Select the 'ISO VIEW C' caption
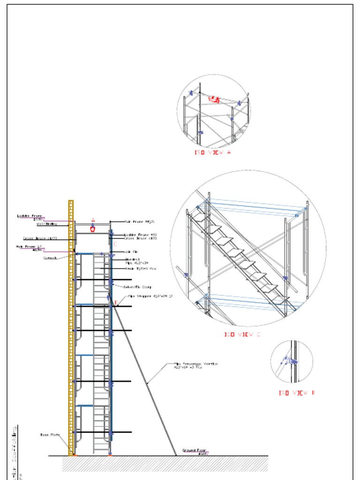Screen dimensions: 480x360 pyautogui.click(x=241, y=335)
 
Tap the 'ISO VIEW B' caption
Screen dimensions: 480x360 pyautogui.click(x=297, y=393)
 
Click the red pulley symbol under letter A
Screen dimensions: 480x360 pyautogui.click(x=93, y=229)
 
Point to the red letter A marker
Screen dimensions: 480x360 pyautogui.click(x=93, y=220)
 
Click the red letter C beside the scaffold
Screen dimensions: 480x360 pyautogui.click(x=115, y=244)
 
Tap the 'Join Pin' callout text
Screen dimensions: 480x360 pyautogui.click(x=131, y=252)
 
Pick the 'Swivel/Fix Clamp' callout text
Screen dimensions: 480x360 pyautogui.click(x=137, y=287)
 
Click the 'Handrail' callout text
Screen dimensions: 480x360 pyautogui.click(x=133, y=259)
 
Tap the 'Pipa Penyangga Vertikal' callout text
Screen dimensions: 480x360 pyautogui.click(x=196, y=364)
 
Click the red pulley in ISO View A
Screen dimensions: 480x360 pyautogui.click(x=214, y=99)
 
